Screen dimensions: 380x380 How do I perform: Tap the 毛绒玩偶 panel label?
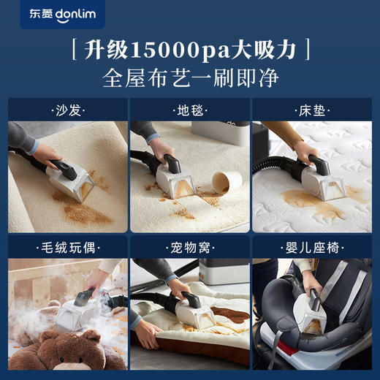(x=67, y=247)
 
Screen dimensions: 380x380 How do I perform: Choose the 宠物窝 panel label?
(x=189, y=247)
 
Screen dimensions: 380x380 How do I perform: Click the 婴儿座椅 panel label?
(x=311, y=247)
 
